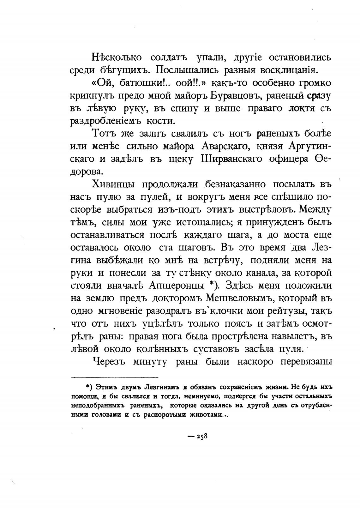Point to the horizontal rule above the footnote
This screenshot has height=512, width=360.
[115, 377]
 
